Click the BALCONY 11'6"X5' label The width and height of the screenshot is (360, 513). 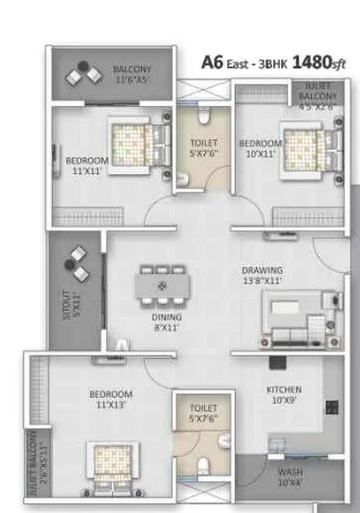(x=131, y=74)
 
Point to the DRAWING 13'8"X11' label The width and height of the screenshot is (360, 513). (x=262, y=276)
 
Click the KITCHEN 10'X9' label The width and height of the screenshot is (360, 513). (x=284, y=395)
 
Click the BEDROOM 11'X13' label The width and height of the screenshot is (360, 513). (x=110, y=399)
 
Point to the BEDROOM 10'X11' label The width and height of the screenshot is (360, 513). (x=260, y=149)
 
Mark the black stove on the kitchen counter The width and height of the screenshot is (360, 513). (x=332, y=407)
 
